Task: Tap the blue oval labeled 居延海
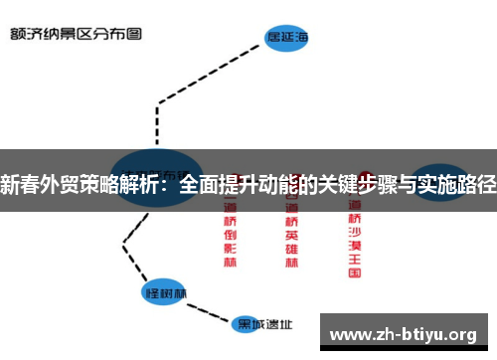(287, 39)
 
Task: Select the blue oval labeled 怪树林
(166, 293)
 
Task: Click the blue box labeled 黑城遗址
(264, 324)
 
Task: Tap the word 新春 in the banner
(20, 183)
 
